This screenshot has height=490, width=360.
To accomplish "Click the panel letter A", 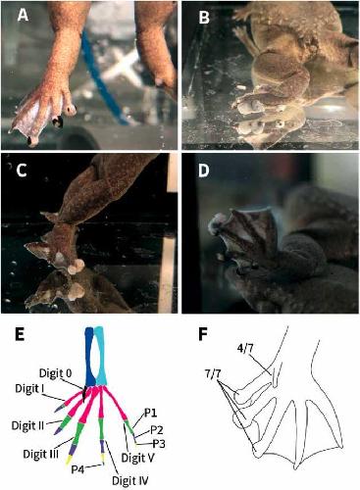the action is (23, 15).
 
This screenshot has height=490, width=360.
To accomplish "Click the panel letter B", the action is (204, 18).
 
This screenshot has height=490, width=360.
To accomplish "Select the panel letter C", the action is (22, 171).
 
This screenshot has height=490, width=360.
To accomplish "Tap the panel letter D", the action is (204, 171).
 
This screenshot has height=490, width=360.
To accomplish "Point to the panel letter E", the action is (20, 335).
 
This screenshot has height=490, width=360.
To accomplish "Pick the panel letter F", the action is (203, 335).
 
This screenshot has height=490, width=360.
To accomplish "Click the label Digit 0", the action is (55, 373).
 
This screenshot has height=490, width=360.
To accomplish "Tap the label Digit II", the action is (27, 425).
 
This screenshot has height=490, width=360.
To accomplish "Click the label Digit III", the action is (41, 454).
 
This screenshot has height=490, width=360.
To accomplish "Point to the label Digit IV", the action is (130, 480).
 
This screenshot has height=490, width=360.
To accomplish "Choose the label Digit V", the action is (137, 458).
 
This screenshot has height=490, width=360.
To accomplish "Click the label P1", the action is (150, 414).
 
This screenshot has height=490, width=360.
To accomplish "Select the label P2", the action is (157, 430).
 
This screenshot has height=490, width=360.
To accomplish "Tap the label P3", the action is (159, 444).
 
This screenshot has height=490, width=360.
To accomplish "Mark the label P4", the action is (78, 469).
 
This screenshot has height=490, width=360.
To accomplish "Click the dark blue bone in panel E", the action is (89, 357).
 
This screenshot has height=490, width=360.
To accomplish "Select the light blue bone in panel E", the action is (100, 357).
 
